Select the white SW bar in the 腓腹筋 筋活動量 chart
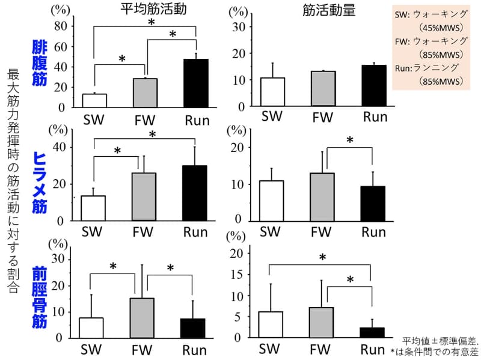(x=272, y=92)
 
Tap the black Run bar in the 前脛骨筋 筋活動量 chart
(x=372, y=332)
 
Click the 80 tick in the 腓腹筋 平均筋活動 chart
(x=60, y=26)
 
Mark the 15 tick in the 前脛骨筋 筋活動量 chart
(x=239, y=275)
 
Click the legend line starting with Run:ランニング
(x=429, y=67)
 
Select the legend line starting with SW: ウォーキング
(x=429, y=14)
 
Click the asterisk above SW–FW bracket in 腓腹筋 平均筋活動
(x=122, y=59)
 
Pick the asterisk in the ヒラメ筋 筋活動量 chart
(x=349, y=141)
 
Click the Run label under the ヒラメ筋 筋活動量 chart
(x=373, y=232)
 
